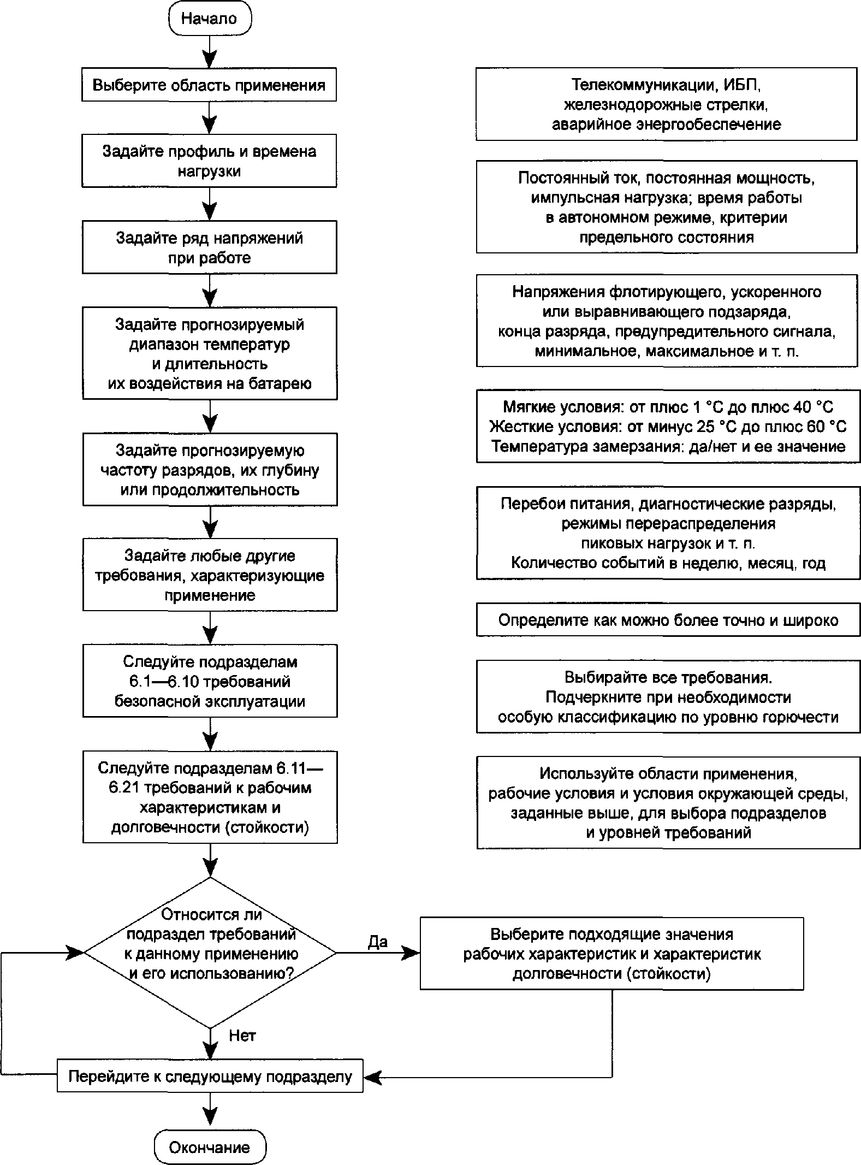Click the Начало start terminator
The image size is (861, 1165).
tap(209, 19)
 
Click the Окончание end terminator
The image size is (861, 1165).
tap(210, 1147)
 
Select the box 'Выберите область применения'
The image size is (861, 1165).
tap(209, 85)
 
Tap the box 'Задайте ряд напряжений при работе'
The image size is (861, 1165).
tap(210, 247)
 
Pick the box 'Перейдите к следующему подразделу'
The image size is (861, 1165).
tap(210, 1077)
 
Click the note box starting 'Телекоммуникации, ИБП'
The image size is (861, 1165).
tap(666, 104)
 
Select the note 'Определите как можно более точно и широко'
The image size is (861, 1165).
tap(668, 620)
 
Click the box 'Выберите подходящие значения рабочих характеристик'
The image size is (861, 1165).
tap(611, 954)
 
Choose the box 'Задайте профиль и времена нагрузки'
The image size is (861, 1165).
tap(209, 161)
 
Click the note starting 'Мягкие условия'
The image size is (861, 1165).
tap(668, 427)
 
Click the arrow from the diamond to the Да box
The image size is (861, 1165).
tap(378, 953)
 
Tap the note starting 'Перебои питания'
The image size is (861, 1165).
tap(668, 533)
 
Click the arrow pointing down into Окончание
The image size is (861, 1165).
tap(210, 1112)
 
